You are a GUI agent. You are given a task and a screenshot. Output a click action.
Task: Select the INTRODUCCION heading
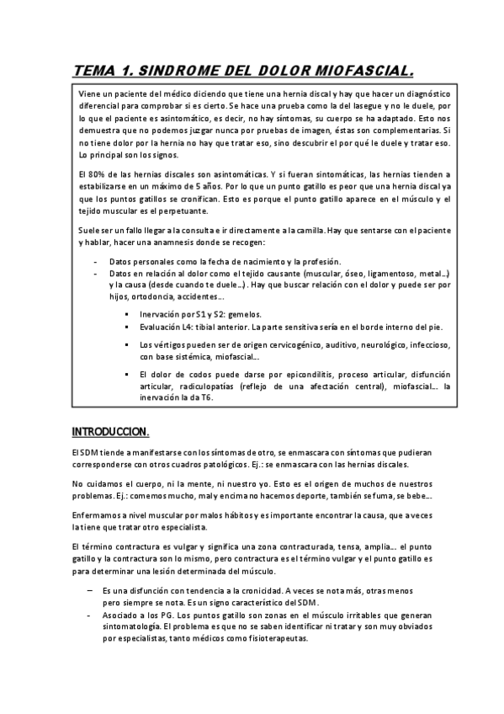(x=110, y=432)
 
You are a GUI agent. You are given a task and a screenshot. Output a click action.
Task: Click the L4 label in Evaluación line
(x=188, y=327)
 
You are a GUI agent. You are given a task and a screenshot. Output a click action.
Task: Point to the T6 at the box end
(x=205, y=397)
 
